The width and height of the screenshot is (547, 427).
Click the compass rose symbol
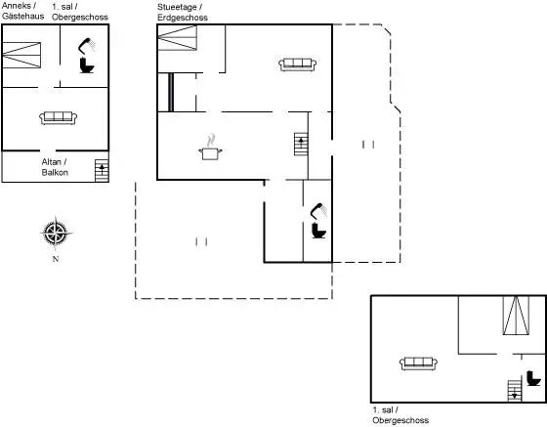coord(56,233)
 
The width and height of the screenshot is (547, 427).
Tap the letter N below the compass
coord(56,259)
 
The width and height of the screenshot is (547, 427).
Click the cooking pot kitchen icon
coord(210,148)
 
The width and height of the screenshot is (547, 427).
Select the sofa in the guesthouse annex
coord(59,118)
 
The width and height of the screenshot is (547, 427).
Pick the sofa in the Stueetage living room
coord(298,64)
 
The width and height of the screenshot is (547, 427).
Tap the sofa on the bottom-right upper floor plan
coord(419,363)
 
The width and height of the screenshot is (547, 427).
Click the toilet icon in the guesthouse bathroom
coord(87,65)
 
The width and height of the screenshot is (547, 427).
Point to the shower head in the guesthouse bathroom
coord(87,46)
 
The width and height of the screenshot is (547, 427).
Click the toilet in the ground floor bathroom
coord(318,231)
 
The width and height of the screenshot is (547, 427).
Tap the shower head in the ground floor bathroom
coord(318,211)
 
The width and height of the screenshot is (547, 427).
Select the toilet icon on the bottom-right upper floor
coord(533,378)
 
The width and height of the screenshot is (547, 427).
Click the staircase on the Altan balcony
coord(102,171)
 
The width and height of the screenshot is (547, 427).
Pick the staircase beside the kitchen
coord(301,144)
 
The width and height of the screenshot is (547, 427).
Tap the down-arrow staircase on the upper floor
coord(515,391)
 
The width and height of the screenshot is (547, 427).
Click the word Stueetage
coord(177,7)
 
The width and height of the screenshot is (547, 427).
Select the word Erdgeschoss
coord(183,18)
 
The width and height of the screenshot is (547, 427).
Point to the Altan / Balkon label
coord(55,167)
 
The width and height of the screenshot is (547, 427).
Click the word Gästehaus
coord(23,17)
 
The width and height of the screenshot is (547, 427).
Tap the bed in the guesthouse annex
coord(21,55)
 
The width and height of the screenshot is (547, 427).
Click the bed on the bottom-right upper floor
coord(516,316)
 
